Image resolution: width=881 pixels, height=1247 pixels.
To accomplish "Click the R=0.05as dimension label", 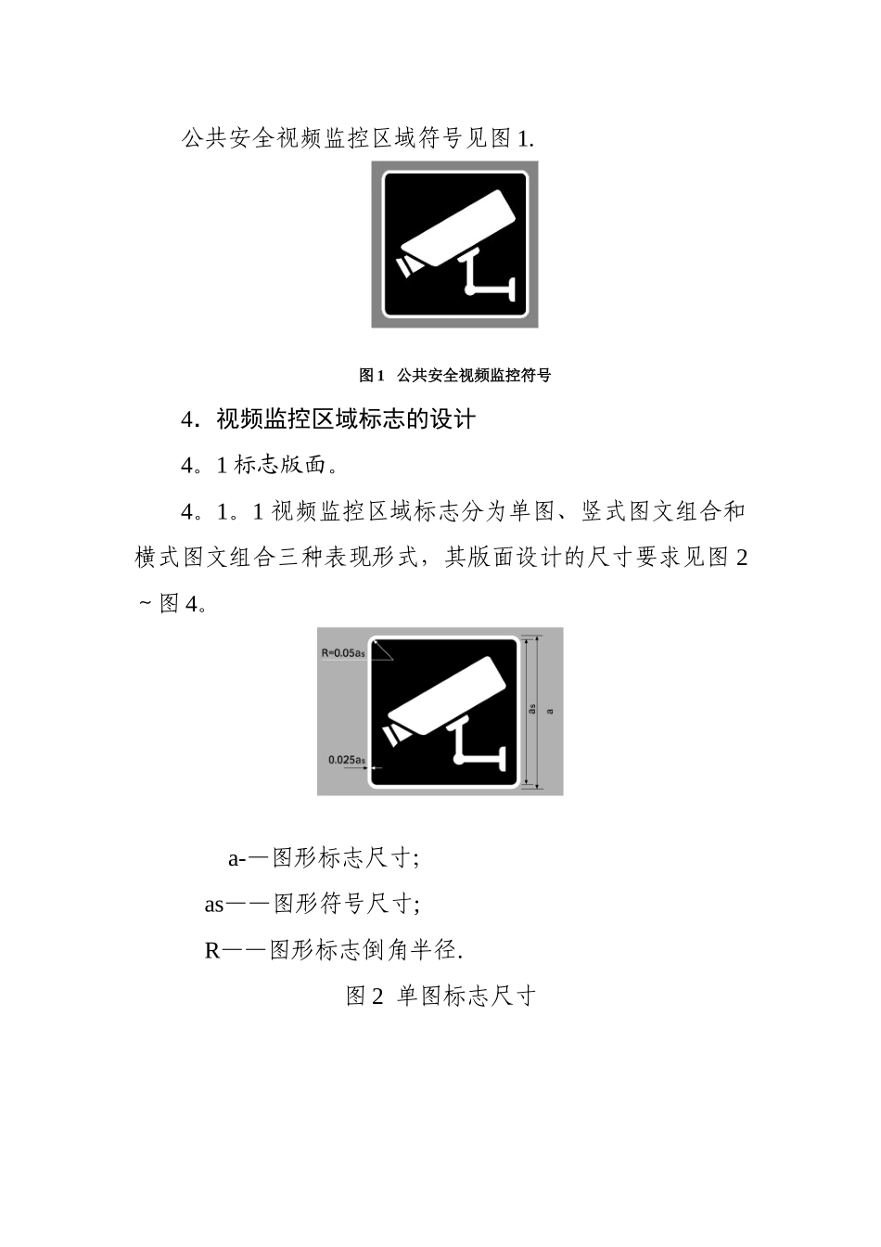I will click(343, 652).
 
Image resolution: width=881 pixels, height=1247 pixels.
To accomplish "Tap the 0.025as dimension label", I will click(346, 759).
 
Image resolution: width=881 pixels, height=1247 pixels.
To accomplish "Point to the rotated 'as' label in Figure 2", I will click(532, 710).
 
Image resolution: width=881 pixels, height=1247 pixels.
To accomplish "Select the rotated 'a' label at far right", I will click(550, 711).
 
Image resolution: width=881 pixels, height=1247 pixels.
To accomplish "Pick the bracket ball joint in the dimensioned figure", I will click(460, 762).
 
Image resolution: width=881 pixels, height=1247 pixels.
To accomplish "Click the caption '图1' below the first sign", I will click(371, 376).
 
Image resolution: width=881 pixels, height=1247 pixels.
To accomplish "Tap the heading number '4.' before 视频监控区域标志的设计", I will click(192, 419).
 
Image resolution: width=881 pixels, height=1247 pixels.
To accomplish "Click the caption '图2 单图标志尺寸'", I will click(440, 996).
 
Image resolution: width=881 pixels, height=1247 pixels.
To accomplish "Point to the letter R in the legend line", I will click(211, 950).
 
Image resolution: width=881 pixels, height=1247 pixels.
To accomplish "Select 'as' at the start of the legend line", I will click(214, 904).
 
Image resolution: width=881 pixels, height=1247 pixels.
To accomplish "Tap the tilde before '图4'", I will click(144, 605).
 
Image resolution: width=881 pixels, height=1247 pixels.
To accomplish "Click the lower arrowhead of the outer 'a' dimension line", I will click(540, 787).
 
